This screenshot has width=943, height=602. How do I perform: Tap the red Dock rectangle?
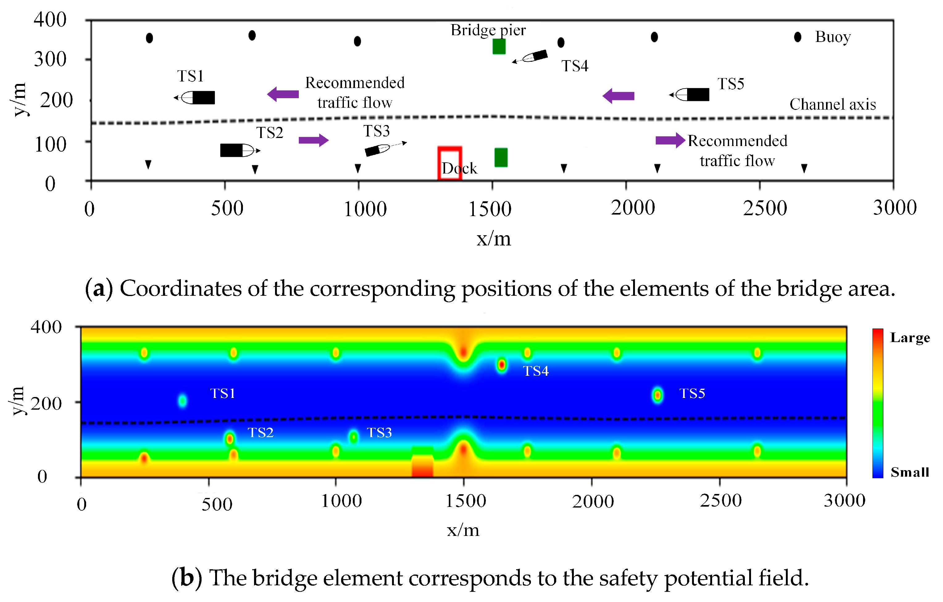(449, 163)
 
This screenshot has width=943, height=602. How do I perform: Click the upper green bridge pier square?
(499, 47)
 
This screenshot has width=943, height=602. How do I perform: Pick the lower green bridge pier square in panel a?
(501, 157)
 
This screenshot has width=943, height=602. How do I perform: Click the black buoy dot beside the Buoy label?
(798, 37)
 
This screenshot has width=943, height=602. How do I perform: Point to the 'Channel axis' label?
(832, 105)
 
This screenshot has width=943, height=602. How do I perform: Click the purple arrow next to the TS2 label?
(314, 140)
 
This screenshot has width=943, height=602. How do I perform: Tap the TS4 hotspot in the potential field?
(502, 365)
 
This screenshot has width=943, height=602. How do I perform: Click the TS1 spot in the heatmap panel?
(182, 400)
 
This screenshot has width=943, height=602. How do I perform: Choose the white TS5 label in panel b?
(692, 393)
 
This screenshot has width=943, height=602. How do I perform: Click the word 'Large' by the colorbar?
(910, 338)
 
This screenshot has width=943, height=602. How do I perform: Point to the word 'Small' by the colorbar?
(910, 472)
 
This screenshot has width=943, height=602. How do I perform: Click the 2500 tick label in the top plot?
(765, 208)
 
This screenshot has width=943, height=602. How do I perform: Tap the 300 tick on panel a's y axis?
(50, 60)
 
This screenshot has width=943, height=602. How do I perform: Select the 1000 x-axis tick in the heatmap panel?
(341, 501)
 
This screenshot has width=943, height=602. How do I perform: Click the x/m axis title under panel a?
(494, 239)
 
